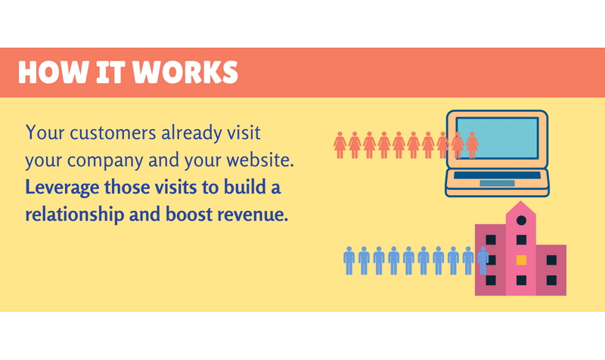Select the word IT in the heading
tap(110, 72)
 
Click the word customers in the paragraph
tap(113, 133)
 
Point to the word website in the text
tap(260, 160)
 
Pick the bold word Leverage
tap(62, 188)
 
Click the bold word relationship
tap(74, 215)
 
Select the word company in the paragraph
tap(104, 161)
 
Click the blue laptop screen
tap(497, 138)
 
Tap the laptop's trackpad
tap(497, 183)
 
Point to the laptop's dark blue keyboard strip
tap(497, 175)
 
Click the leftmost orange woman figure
tap(340, 145)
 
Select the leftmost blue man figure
tap(349, 261)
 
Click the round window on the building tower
tap(521, 220)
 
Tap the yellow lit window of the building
tap(521, 260)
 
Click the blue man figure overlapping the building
tap(482, 261)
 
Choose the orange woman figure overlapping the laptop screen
tap(472, 145)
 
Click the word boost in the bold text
tap(188, 215)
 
